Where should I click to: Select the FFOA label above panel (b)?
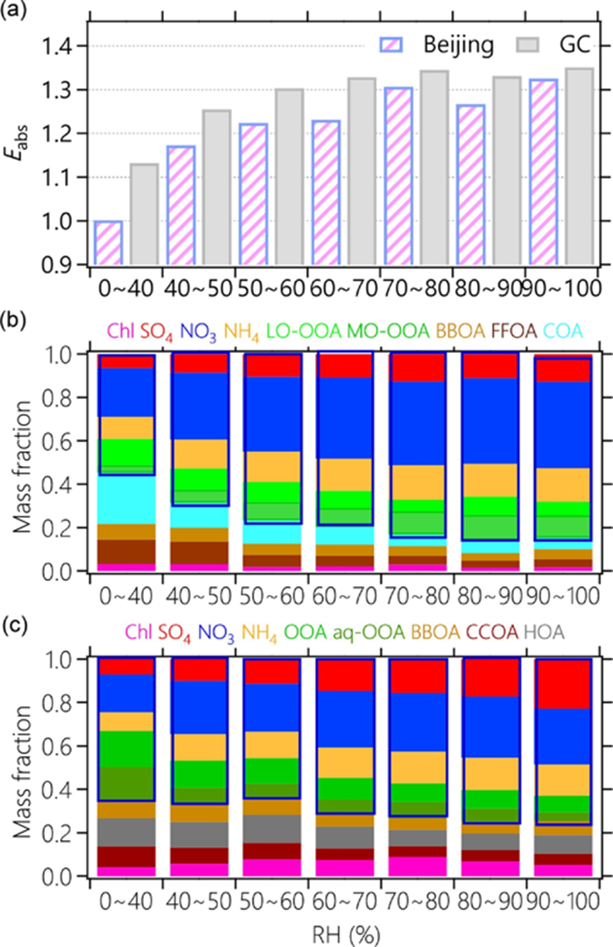pos(506,330)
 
